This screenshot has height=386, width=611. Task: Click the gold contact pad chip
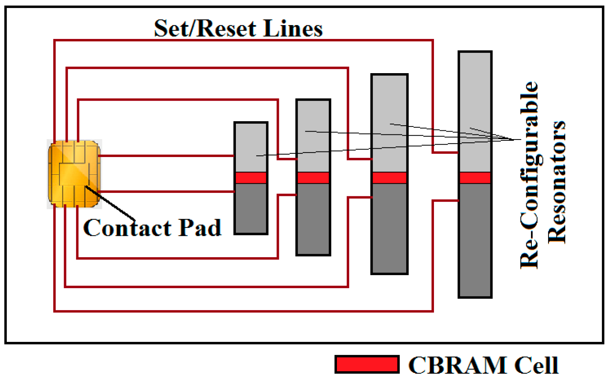click(74, 174)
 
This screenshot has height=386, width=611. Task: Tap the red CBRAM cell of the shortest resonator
click(251, 177)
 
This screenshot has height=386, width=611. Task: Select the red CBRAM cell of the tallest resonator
click(475, 177)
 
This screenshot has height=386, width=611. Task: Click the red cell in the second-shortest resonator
click(313, 177)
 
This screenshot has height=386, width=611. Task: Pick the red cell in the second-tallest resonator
click(389, 177)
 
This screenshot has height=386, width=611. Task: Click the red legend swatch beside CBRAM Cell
click(367, 365)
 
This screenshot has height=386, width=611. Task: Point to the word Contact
click(127, 228)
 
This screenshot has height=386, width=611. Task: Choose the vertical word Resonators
click(557, 182)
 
